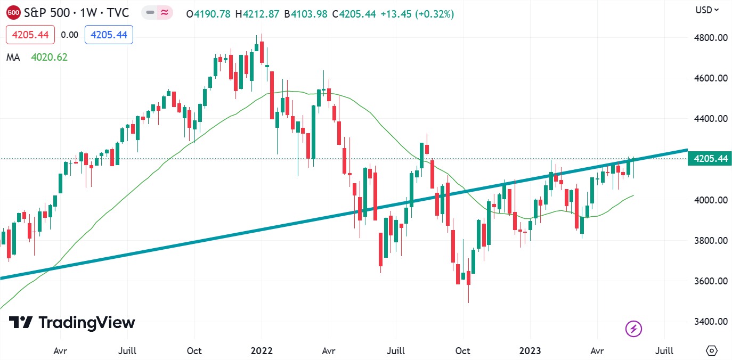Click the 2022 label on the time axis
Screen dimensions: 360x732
click(x=262, y=351)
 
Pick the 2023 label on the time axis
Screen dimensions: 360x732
click(x=530, y=351)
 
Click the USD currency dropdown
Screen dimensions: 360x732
click(x=707, y=10)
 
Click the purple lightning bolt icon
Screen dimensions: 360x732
click(x=633, y=329)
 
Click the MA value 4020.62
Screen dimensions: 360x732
click(x=50, y=57)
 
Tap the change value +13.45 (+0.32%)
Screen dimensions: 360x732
click(x=417, y=14)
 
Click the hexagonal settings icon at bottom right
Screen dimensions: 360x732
click(x=711, y=350)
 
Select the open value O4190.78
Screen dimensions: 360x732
click(x=208, y=14)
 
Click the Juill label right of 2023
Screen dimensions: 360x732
click(x=664, y=351)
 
